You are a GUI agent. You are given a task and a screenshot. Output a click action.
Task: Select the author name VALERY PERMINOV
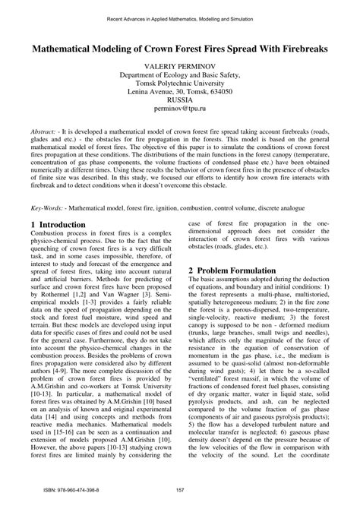point(179,67)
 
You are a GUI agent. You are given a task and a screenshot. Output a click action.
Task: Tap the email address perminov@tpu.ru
point(179,109)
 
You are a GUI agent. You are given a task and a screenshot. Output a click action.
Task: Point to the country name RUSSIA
point(179,99)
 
